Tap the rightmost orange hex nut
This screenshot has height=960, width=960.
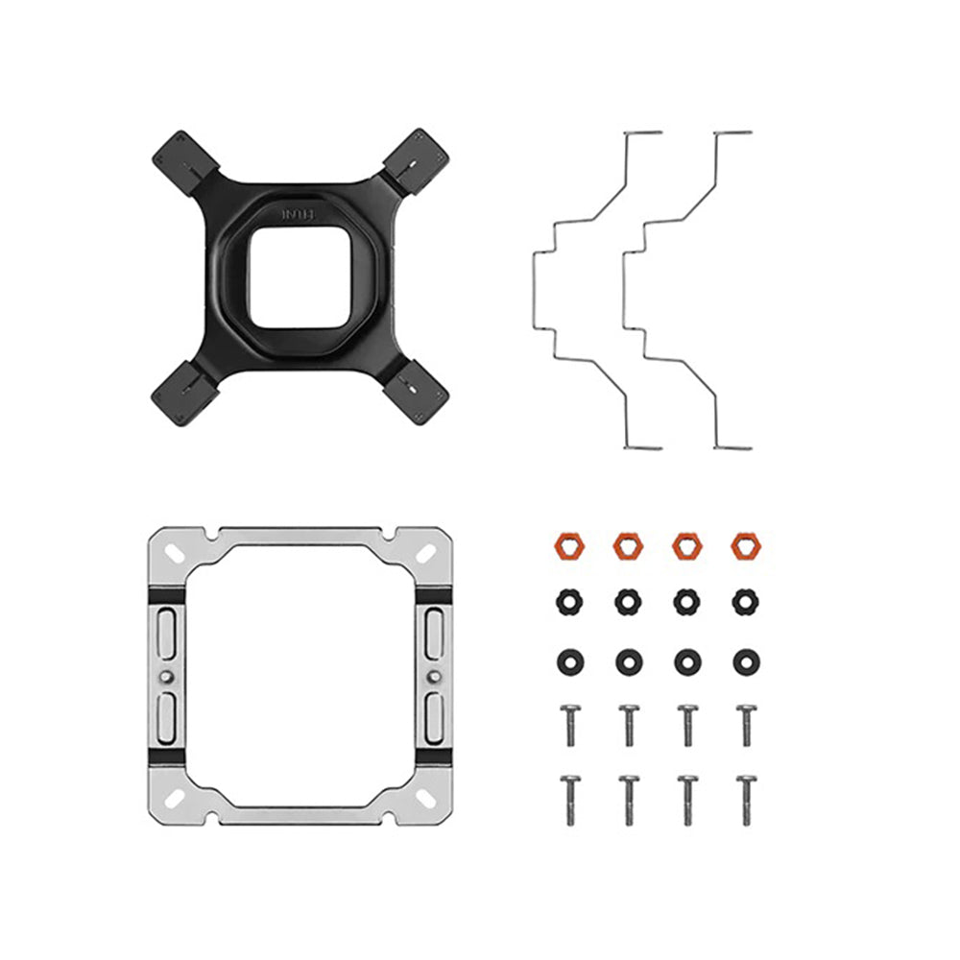tap(745, 546)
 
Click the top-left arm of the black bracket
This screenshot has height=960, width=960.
tap(180, 157)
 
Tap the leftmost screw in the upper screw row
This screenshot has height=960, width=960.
tap(567, 725)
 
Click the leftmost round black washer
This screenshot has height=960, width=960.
tap(567, 661)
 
